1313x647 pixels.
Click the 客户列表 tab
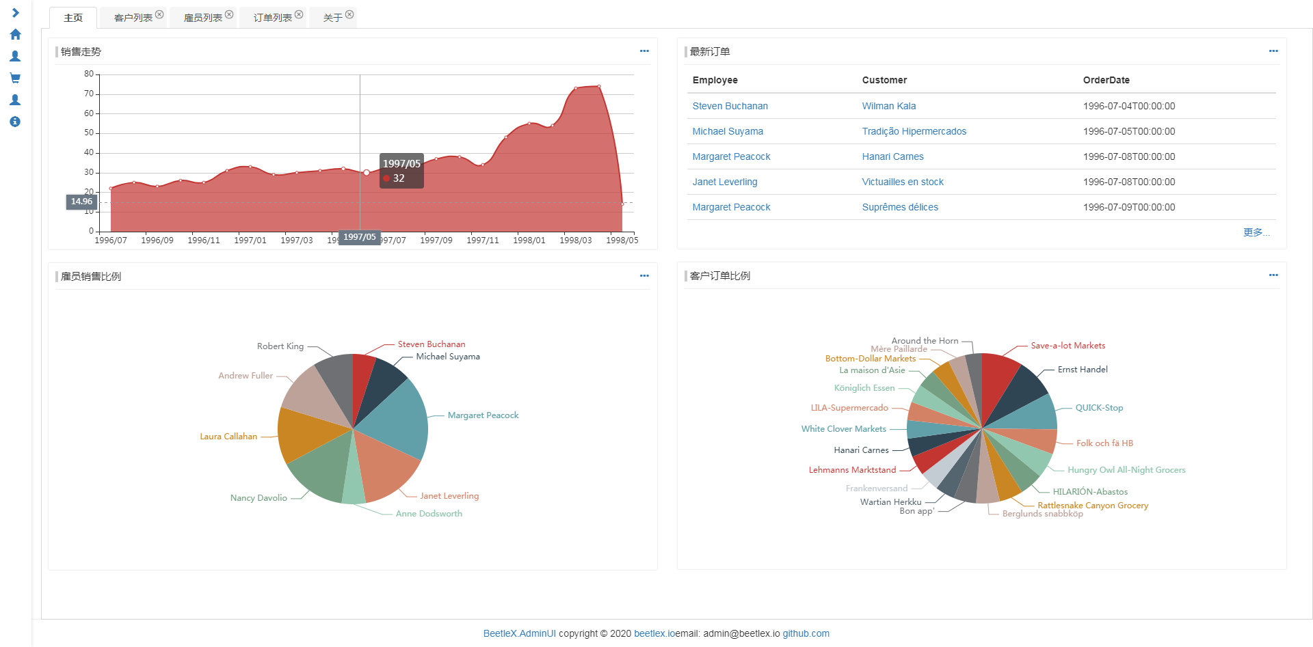pos(133,18)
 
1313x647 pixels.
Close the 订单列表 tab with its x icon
pos(299,14)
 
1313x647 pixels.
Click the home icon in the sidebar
pos(15,34)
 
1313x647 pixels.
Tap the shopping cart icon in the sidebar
pos(15,78)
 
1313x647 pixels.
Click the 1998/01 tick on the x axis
pos(529,240)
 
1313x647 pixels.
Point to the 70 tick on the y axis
pos(89,94)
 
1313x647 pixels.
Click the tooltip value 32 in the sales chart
pos(399,178)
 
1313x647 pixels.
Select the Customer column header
pos(884,80)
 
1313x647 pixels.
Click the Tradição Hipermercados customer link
pos(914,131)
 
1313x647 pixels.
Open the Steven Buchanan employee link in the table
pos(730,106)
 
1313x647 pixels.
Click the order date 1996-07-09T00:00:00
pos(1128,207)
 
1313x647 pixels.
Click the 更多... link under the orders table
pos(1256,232)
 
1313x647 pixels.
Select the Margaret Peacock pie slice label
pos(483,415)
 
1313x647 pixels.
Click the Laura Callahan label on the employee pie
pos(228,437)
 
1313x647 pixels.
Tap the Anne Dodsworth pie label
pos(429,514)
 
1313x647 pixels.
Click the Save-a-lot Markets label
pos(1067,346)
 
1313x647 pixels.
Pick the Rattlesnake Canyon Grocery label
pos(1092,506)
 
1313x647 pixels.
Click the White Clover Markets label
pos(843,429)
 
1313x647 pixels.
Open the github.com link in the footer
pos(806,633)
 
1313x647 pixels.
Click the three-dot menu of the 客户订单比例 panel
pos(1273,275)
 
